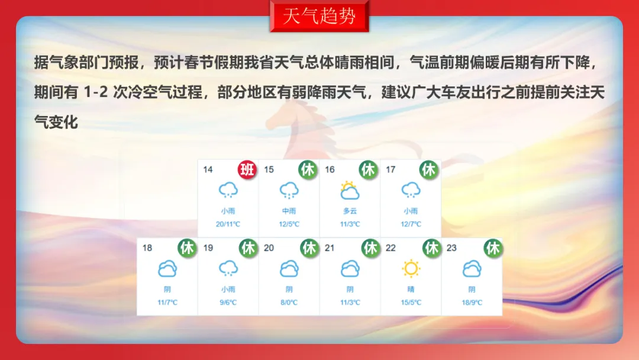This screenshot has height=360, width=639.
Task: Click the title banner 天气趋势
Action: tap(319, 17)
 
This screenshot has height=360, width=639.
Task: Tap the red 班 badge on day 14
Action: tap(247, 169)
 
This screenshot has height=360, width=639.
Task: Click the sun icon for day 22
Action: tap(411, 269)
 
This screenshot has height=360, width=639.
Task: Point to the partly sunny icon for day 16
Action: tap(350, 190)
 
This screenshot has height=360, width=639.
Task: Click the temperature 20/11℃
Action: tap(228, 224)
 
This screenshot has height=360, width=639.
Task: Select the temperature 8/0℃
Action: tap(289, 303)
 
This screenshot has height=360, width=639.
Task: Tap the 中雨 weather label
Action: tap(289, 211)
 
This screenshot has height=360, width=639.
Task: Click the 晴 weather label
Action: tap(411, 289)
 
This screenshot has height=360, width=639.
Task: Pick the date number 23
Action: tap(451, 248)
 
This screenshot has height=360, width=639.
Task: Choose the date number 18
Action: tap(147, 248)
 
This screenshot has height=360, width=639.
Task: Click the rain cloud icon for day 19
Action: tap(228, 269)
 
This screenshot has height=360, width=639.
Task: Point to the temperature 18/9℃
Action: tap(472, 303)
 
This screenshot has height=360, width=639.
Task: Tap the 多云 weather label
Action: tap(350, 211)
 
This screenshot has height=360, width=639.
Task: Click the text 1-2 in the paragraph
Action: tap(96, 92)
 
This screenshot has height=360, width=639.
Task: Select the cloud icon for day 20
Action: tap(289, 269)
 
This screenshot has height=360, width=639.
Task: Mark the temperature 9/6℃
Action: tap(228, 303)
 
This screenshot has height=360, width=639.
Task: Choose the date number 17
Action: tap(390, 169)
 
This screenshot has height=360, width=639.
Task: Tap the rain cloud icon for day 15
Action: tap(289, 191)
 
